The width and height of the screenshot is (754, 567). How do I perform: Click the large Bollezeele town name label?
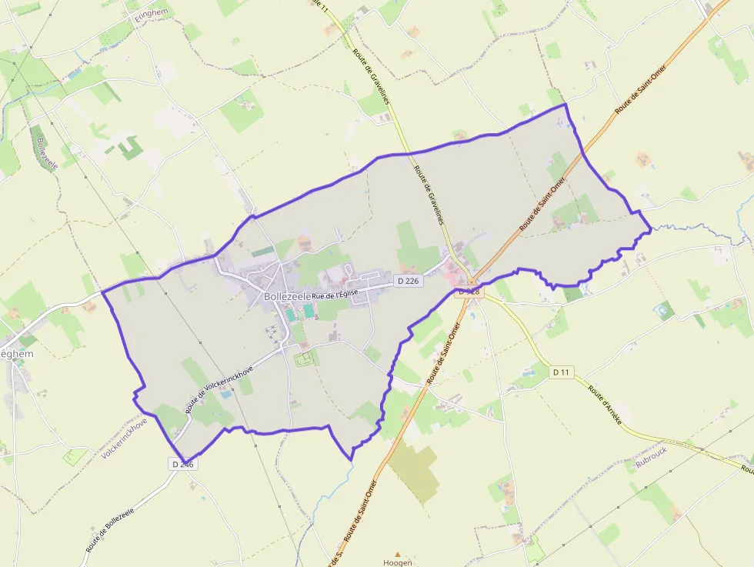coord(287,296)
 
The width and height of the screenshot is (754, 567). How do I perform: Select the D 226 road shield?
coord(408,282)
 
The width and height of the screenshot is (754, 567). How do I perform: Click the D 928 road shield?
coord(469,292)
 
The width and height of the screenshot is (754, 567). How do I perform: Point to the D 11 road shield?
coord(562,372)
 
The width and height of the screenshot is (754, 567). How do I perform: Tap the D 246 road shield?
coord(182,464)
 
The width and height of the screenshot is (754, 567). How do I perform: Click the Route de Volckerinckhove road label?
coord(219,389)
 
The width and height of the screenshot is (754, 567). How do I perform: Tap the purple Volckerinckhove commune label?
coord(124,439)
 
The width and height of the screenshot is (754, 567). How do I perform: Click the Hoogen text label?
coord(398,562)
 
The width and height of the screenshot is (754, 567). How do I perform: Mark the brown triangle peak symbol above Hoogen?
coord(398,554)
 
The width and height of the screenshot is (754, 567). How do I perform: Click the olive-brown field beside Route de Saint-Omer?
coord(412,469)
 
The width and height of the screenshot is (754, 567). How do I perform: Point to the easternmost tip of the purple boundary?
coord(652,228)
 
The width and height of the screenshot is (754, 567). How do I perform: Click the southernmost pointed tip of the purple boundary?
coord(352,460)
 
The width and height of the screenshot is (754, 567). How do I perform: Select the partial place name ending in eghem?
coord(17,354)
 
